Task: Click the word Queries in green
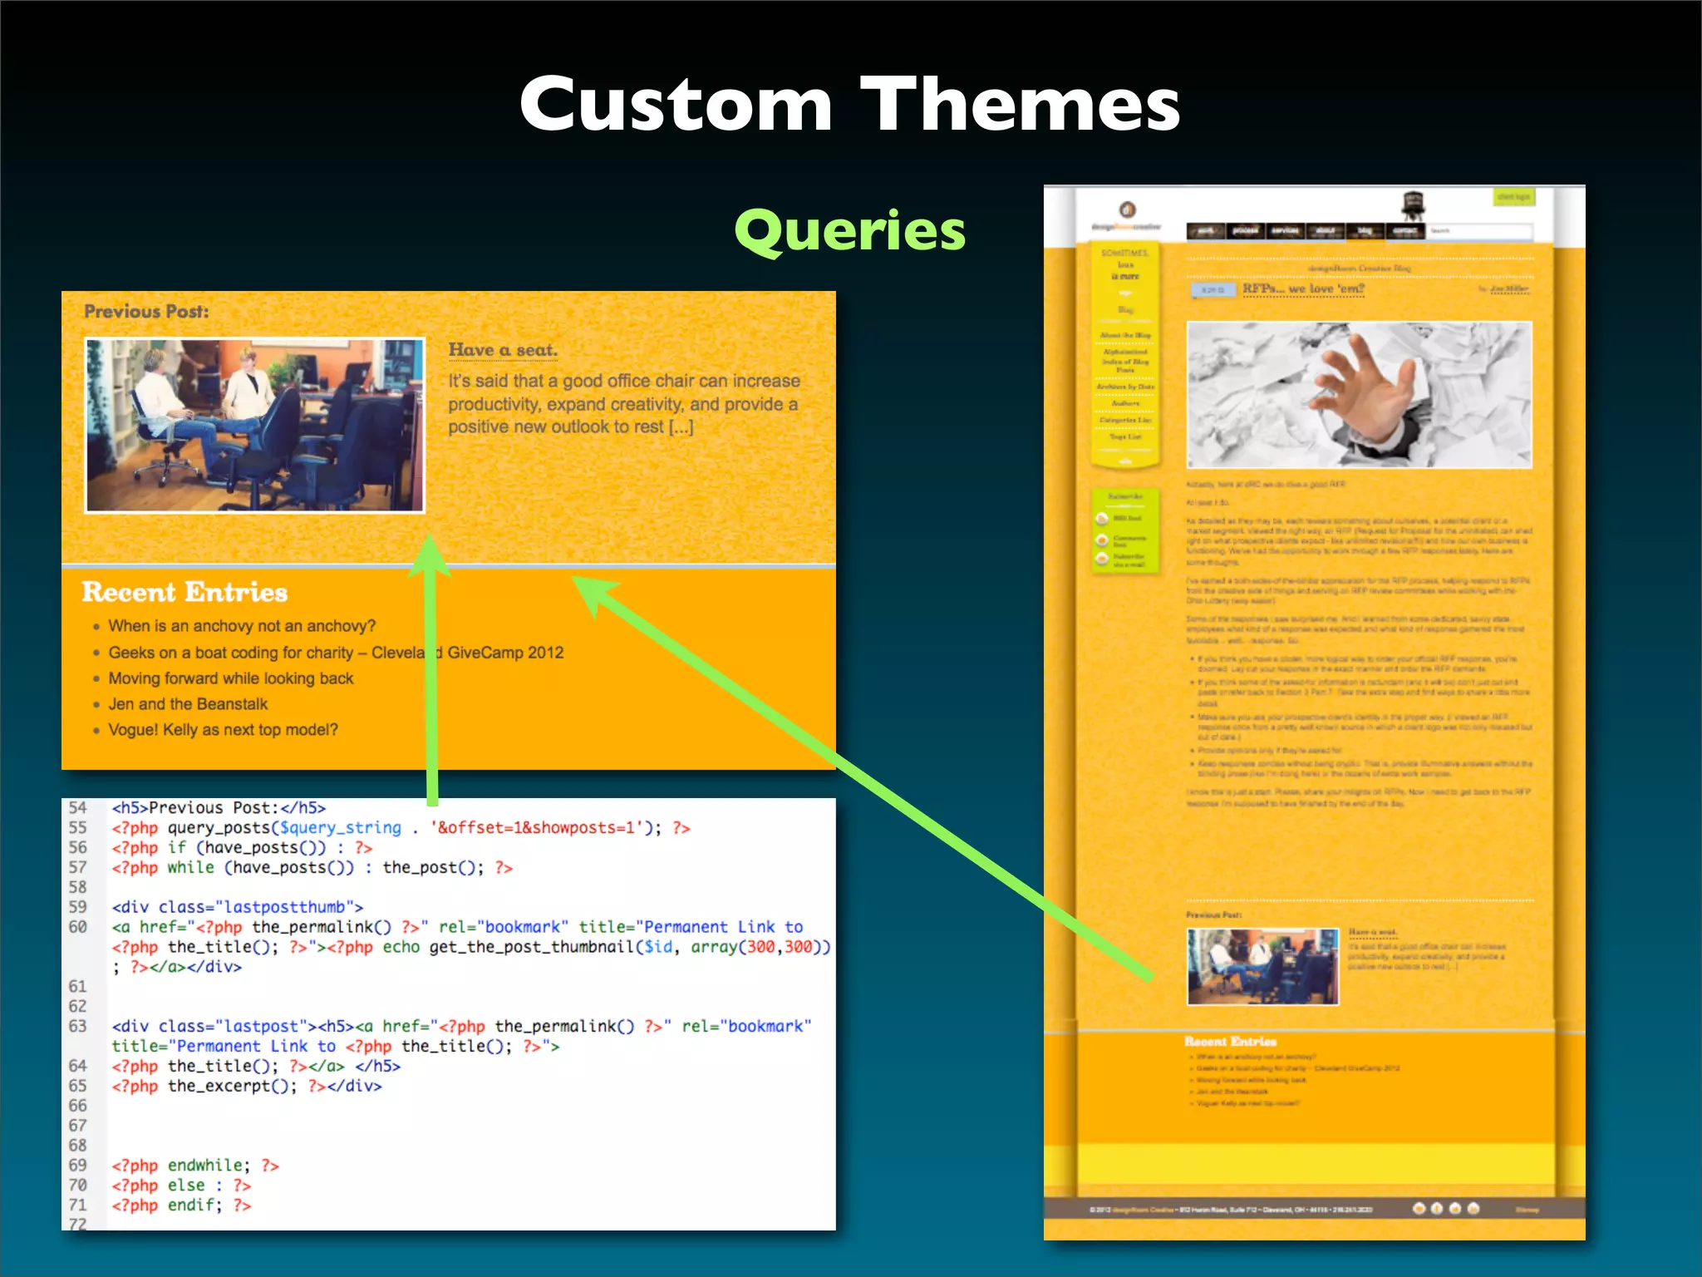pos(849,231)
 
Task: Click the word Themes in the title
pos(1020,104)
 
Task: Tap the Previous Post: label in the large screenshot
pos(146,312)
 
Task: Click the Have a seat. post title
pos(503,350)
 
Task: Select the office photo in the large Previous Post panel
pos(255,425)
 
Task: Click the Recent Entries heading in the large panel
pos(184,592)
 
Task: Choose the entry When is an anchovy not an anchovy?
pos(242,626)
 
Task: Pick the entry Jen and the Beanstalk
pos(188,704)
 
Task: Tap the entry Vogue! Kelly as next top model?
pos(223,730)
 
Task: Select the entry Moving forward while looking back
pos(231,678)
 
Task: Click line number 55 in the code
pos(78,827)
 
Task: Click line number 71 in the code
pos(78,1205)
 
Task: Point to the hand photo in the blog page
pos(1359,395)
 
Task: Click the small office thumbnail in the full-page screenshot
pos(1262,967)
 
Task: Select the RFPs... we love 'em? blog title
pos(1303,289)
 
